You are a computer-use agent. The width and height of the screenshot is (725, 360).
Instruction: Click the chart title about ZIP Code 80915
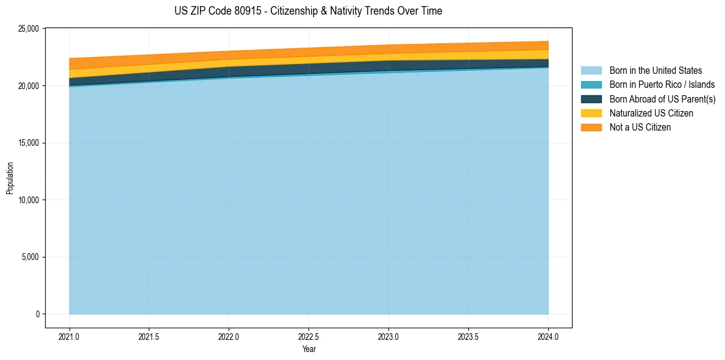click(x=308, y=11)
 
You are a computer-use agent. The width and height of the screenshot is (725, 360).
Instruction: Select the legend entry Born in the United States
click(x=655, y=71)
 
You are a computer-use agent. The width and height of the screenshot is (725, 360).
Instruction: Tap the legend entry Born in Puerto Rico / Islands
click(x=662, y=85)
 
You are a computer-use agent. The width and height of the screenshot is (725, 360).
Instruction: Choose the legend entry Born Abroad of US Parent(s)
click(x=662, y=99)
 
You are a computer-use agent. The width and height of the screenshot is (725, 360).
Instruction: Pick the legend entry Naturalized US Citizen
click(x=651, y=113)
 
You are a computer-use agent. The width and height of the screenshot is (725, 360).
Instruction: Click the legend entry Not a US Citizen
click(x=640, y=127)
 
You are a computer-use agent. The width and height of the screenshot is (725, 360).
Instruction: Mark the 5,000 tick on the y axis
click(x=29, y=257)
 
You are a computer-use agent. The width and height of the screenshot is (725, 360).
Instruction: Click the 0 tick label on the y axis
click(x=37, y=314)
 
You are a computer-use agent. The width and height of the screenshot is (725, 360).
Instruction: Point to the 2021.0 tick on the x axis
click(x=70, y=336)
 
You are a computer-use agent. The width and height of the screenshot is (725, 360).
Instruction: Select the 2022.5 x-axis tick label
click(x=309, y=336)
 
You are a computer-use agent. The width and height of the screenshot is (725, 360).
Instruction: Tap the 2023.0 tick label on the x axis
click(x=388, y=336)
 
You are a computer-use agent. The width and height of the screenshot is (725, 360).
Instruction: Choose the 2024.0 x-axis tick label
click(x=548, y=336)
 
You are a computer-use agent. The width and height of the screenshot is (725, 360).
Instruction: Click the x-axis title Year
click(x=309, y=349)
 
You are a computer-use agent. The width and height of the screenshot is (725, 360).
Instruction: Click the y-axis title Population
click(x=10, y=178)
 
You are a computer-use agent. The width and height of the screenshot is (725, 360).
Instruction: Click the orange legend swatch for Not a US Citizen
click(x=591, y=127)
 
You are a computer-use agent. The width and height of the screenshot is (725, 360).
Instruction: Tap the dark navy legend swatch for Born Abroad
click(x=591, y=99)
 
